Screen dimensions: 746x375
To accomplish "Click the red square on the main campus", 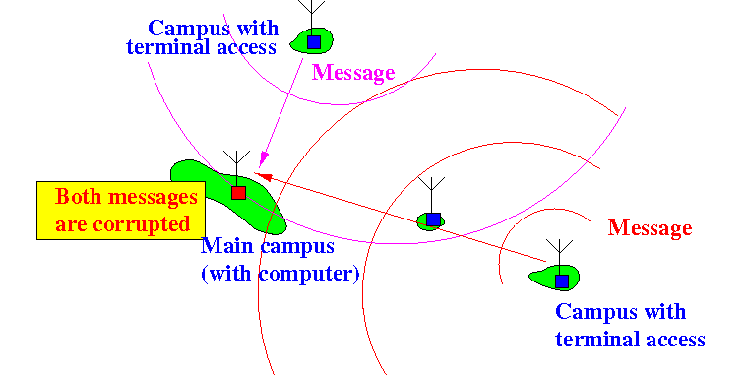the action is (x=238, y=193).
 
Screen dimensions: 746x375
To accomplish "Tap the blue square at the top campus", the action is (x=314, y=42).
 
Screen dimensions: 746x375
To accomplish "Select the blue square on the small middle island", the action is (x=433, y=219).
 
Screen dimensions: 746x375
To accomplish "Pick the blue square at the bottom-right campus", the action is (x=562, y=281).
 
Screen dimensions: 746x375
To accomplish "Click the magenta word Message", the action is (x=353, y=73).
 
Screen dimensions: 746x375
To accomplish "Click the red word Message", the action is (x=650, y=228).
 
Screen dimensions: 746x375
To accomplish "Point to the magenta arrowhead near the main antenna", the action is (x=263, y=159).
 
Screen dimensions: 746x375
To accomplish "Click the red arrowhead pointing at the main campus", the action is (x=263, y=176).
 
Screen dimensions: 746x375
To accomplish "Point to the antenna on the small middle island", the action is (x=431, y=195).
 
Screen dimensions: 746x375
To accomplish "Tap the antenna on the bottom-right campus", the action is (x=559, y=257).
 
